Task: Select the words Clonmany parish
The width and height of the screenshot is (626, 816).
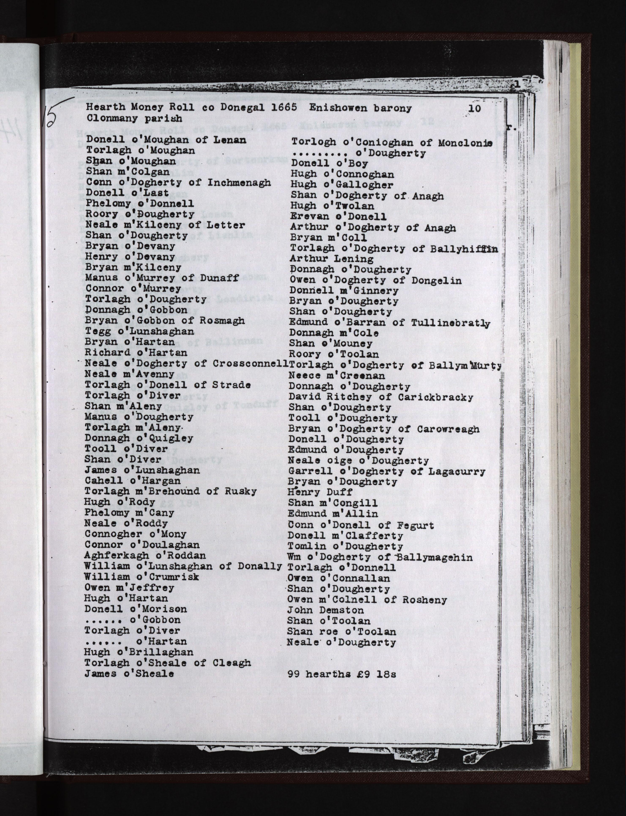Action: point(134,119)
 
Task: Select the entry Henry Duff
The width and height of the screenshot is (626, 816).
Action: point(320,492)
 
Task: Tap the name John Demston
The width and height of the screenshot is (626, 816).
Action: point(325,610)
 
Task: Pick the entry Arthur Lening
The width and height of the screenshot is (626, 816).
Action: point(332,259)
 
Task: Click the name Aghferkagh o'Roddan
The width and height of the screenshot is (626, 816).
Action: point(145,555)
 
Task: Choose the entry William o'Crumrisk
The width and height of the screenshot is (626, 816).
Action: point(142,577)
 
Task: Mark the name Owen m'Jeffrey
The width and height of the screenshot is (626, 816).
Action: point(129,587)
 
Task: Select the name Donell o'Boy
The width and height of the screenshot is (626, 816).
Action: point(329,163)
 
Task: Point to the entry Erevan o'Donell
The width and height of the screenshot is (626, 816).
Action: point(338,216)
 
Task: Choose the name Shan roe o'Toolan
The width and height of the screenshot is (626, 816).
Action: point(341,632)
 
